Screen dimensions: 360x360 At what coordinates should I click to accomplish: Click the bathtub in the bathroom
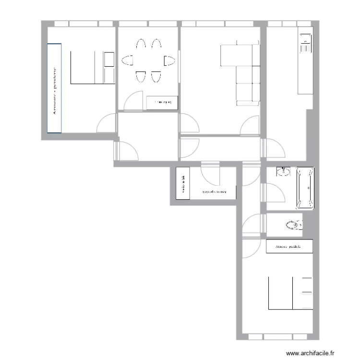(305, 189)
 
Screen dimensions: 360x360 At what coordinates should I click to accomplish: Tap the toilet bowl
(293, 225)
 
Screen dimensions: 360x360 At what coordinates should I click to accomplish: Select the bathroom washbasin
(283, 171)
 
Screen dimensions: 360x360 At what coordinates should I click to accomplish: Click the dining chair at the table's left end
(128, 61)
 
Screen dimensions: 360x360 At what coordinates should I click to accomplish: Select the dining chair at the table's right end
(168, 61)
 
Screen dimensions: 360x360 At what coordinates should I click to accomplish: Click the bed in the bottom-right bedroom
(281, 293)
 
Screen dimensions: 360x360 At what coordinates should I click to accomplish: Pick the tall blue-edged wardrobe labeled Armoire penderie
(54, 88)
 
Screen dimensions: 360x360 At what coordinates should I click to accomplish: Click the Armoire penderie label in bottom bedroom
(288, 247)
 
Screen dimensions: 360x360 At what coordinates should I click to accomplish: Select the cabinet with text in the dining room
(162, 102)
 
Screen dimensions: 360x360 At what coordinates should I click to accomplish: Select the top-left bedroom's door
(106, 123)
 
